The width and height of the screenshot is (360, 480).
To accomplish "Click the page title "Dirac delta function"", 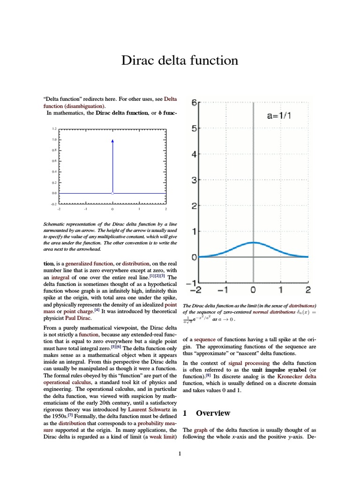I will pyautogui.click(x=180, y=60).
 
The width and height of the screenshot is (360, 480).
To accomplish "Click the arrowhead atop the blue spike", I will pyautogui.click(x=112, y=141).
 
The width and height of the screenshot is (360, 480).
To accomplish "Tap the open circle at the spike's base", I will pyautogui.click(x=112, y=193).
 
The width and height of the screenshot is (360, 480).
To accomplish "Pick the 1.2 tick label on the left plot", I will pyautogui.click(x=54, y=128).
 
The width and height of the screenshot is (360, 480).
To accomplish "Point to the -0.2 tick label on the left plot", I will pyautogui.click(x=54, y=204).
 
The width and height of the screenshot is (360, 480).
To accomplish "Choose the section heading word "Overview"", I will pyautogui.click(x=213, y=413).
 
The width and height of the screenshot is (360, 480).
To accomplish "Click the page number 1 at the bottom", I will pyautogui.click(x=180, y=454).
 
